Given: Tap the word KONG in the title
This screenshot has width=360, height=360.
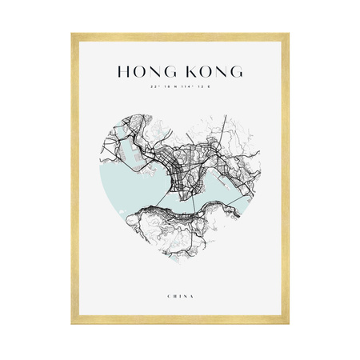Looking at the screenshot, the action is [x=211, y=71].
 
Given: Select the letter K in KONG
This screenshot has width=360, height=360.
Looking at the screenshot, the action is [x=188, y=71].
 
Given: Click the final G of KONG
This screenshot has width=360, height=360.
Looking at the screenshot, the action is [x=236, y=71].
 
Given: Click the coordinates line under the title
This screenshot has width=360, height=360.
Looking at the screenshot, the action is [x=180, y=86].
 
